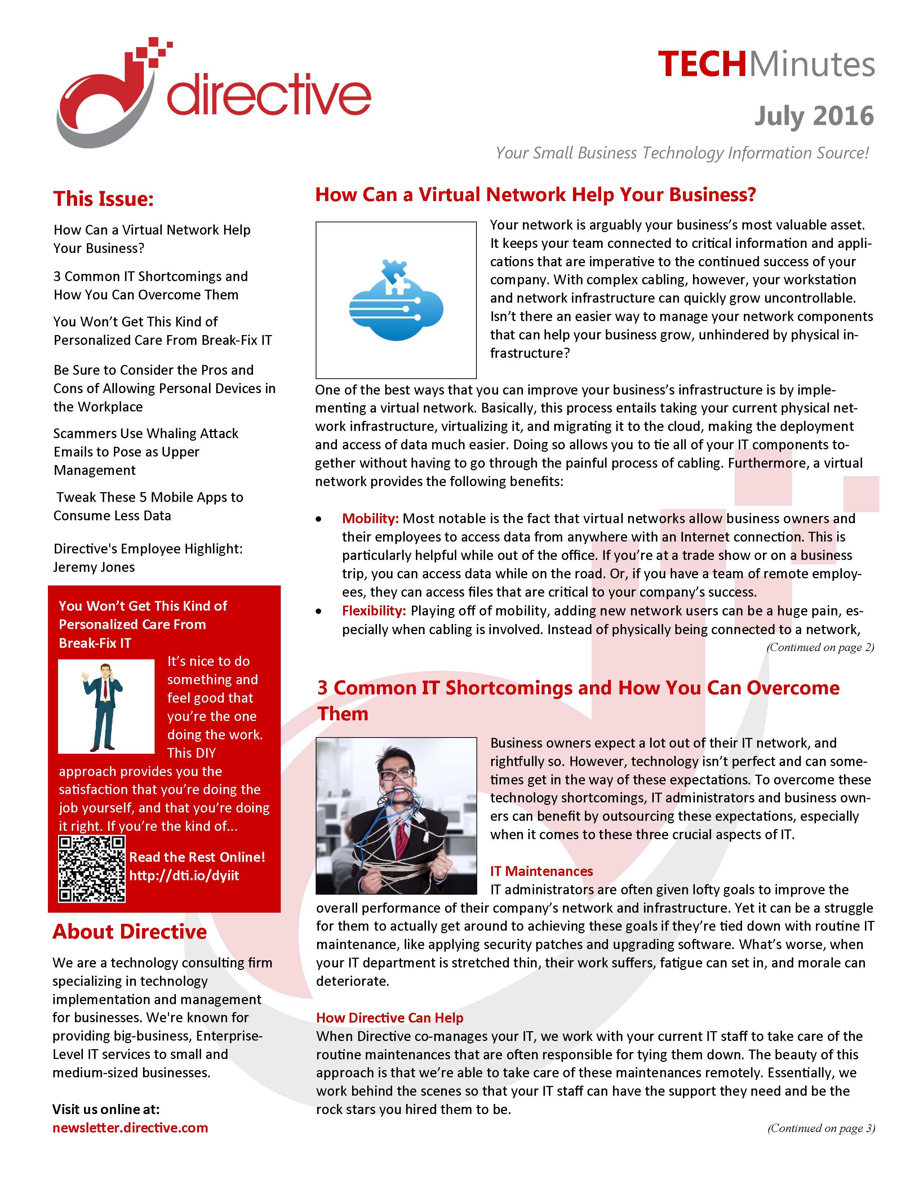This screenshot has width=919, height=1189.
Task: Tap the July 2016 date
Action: tap(813, 116)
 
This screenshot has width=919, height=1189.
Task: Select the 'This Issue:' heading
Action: tap(103, 199)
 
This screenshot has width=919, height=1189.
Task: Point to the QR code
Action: tap(92, 869)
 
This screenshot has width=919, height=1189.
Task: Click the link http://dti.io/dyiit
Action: tap(184, 876)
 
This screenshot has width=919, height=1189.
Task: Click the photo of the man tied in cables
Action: tap(396, 815)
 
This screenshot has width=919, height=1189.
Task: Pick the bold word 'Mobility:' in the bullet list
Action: tap(370, 518)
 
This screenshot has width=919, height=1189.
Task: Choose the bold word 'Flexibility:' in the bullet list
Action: tap(373, 611)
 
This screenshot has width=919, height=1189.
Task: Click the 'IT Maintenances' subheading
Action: tap(541, 871)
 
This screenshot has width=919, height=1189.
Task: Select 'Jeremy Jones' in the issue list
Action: tap(94, 567)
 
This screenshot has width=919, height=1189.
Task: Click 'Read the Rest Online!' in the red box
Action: tap(197, 857)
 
